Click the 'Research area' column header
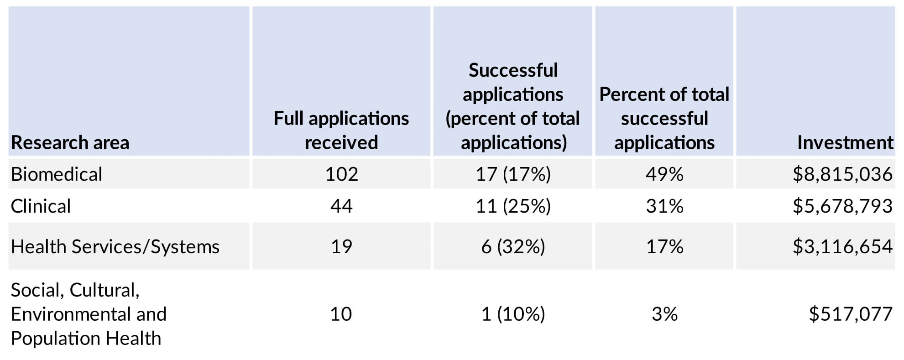(x=70, y=143)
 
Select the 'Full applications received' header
(x=341, y=130)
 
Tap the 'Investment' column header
(x=845, y=143)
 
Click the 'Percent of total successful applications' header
(x=664, y=119)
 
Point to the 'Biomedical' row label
(x=57, y=174)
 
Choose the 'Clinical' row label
(x=41, y=206)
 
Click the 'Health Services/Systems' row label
(x=115, y=246)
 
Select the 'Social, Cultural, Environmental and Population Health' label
(x=89, y=314)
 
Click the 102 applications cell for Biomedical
(x=341, y=174)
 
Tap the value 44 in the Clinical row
(x=341, y=206)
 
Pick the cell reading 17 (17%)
(x=513, y=174)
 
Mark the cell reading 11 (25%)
(x=513, y=206)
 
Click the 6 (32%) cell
(x=513, y=246)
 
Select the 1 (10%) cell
(x=513, y=314)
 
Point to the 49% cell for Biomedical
(x=664, y=174)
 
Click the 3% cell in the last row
(x=664, y=314)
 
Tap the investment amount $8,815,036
(x=842, y=174)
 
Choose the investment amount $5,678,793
(x=842, y=206)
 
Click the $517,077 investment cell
(x=850, y=314)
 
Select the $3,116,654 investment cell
(x=842, y=246)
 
